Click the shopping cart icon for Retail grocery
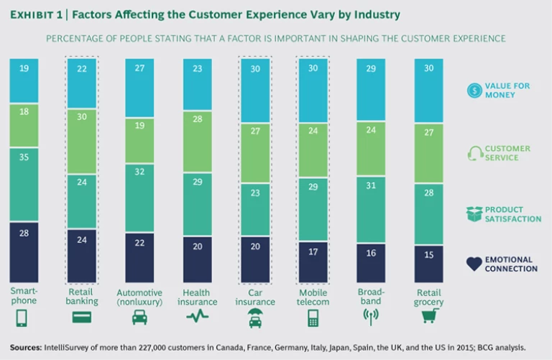point(429,318)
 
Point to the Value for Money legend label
point(511,90)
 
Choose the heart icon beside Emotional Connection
point(474,264)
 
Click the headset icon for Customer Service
point(474,152)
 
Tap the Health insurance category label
point(197,297)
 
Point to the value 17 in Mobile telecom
point(313,252)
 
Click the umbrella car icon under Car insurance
point(255,318)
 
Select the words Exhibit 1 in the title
point(37,14)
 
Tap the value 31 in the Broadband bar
point(370,185)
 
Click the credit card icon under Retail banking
point(81,317)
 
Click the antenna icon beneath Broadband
point(371,318)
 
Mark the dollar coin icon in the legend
point(473,90)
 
